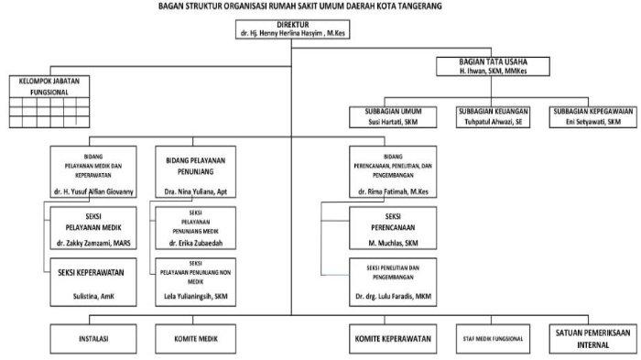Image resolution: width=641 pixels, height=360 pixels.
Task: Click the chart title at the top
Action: [x=300, y=6]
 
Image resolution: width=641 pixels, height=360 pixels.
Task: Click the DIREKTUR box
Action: [x=293, y=29]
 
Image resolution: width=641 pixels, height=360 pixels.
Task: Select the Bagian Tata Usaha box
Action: [x=493, y=66]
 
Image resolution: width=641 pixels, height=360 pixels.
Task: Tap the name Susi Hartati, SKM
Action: [x=393, y=122]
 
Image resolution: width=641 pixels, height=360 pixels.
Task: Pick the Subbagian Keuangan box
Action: [x=493, y=117]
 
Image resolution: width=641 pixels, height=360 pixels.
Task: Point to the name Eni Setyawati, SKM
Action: [x=593, y=122]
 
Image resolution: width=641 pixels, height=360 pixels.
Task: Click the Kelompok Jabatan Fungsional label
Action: [x=49, y=87]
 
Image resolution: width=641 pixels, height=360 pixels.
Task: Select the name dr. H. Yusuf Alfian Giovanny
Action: [x=93, y=191]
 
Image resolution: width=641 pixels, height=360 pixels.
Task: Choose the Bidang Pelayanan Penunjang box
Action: [x=195, y=172]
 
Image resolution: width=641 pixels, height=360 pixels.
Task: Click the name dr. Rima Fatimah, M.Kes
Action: [x=393, y=191]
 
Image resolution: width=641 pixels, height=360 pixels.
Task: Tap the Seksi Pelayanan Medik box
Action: [x=93, y=228]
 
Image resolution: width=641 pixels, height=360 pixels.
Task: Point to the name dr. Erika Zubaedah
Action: [x=196, y=244]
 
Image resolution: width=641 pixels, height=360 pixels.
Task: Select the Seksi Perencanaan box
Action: [x=393, y=228]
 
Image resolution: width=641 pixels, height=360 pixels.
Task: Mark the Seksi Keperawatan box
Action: [x=93, y=282]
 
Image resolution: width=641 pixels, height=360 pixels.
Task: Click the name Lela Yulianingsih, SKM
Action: [x=196, y=296]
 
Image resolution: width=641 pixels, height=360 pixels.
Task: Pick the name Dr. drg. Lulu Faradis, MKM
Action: [x=393, y=296]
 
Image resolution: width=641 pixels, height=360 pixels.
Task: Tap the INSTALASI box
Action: [x=93, y=339]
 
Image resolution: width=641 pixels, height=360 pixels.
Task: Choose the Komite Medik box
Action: [x=195, y=339]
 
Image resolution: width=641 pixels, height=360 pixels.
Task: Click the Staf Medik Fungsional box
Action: [x=493, y=339]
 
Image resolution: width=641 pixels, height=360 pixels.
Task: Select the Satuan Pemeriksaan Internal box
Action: [x=593, y=339]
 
